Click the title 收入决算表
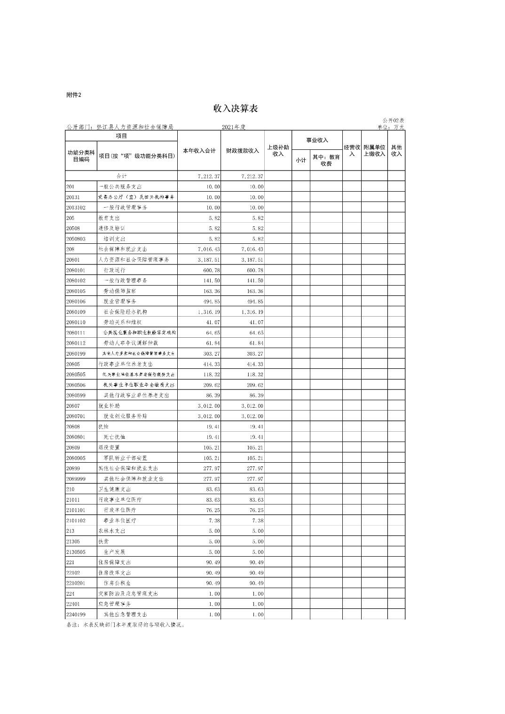[236, 109]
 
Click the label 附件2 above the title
[74, 95]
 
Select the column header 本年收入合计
[199, 151]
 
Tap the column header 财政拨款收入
[243, 151]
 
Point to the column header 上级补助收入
[278, 151]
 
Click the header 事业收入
[317, 140]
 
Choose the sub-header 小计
[300, 161]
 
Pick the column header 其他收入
[396, 151]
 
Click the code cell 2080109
[76, 312]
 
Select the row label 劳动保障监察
[120, 291]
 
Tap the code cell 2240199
[76, 614]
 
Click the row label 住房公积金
[118, 583]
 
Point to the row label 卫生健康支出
[114, 489]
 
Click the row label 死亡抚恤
[114, 437]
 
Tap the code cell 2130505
[76, 552]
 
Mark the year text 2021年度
[234, 127]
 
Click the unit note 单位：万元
[391, 127]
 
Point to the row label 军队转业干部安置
[126, 458]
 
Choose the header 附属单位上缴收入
[374, 151]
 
